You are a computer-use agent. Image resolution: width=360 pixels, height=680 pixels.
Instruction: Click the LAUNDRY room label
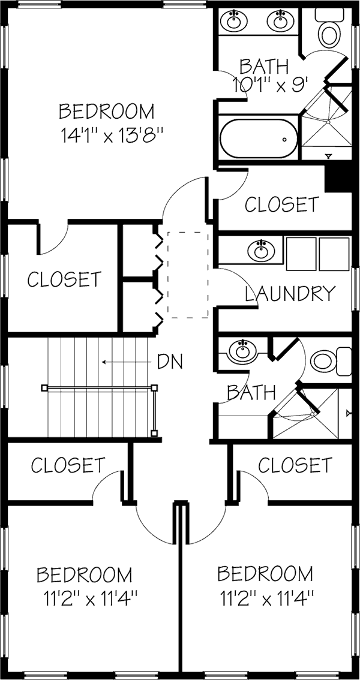pyautogui.click(x=290, y=294)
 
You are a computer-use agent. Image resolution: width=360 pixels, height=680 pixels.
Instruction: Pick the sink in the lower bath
pyautogui.click(x=242, y=351)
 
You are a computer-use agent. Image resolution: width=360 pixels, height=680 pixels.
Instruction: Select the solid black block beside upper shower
pyautogui.click(x=337, y=178)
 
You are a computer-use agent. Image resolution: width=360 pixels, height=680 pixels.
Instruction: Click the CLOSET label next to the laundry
pyautogui.click(x=281, y=204)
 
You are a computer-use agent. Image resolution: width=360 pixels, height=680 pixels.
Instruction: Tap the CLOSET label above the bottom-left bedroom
pyautogui.click(x=68, y=465)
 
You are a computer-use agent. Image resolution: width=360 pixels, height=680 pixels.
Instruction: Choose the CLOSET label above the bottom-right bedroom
pyautogui.click(x=295, y=465)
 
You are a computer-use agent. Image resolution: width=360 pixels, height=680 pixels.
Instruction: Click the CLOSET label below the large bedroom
pyautogui.click(x=64, y=279)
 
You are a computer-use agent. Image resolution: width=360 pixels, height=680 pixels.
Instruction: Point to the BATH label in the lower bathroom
pyautogui.click(x=251, y=393)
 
